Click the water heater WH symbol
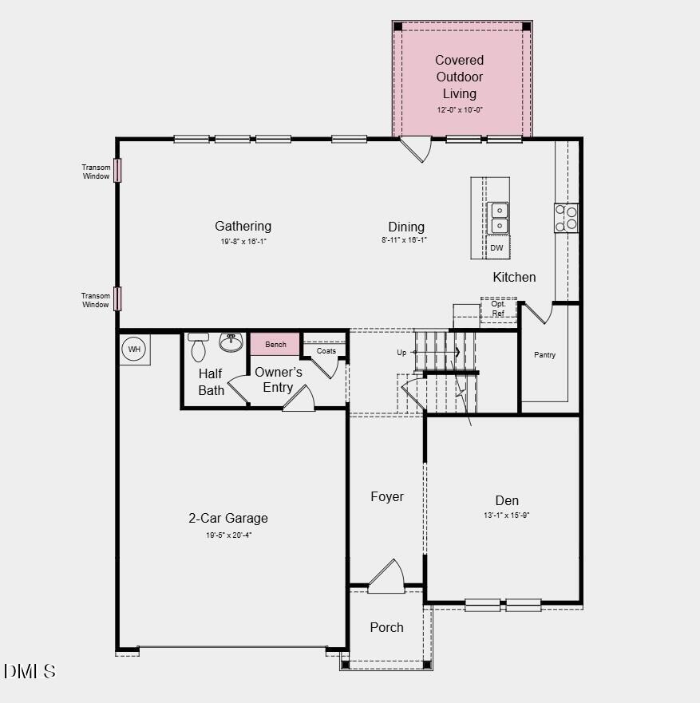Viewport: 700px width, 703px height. (134, 350)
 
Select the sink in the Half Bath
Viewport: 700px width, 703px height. (231, 343)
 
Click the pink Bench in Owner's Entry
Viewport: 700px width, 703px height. (275, 344)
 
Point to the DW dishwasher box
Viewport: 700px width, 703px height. (497, 247)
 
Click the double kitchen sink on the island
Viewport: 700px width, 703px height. (498, 218)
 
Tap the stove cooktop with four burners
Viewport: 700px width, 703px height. (566, 218)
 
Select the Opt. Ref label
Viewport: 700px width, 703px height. (498, 309)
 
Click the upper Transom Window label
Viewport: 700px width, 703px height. (96, 172)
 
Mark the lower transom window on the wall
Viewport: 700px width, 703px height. (117, 298)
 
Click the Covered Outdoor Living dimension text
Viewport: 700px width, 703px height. (460, 110)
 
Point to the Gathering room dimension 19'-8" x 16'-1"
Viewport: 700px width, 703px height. (243, 240)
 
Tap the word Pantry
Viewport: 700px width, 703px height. (544, 355)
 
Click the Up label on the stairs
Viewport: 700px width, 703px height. (401, 353)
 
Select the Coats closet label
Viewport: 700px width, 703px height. (326, 351)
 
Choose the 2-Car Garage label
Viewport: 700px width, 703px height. (228, 518)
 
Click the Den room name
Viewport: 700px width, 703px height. (507, 500)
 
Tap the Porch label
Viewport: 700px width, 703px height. (386, 627)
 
